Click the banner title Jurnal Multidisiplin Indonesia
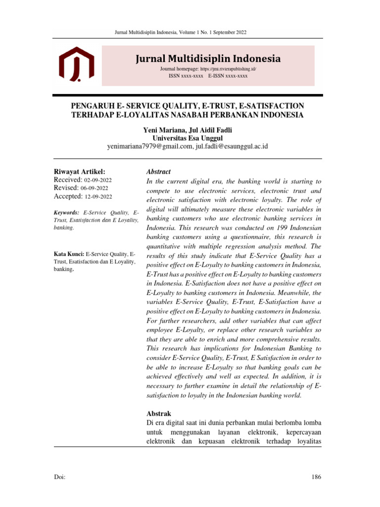pyautogui.click(x=208, y=59)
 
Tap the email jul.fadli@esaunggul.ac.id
pyautogui.click(x=232, y=147)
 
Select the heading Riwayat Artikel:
pyautogui.click(x=79, y=171)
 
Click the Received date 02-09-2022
pyautogui.click(x=98, y=180)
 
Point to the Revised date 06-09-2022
pyautogui.click(x=95, y=188)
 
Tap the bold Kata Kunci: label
pyautogui.click(x=69, y=254)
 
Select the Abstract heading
pyautogui.click(x=158, y=171)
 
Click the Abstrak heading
pyautogui.click(x=158, y=413)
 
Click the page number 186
pyautogui.click(x=316, y=477)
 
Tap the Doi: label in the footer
pyautogui.click(x=59, y=477)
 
